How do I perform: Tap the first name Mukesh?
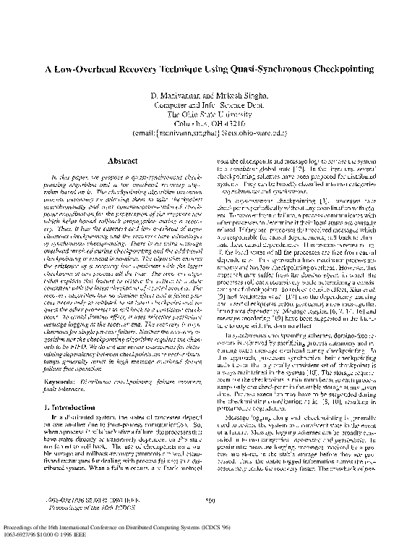229,96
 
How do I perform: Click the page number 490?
210,499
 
